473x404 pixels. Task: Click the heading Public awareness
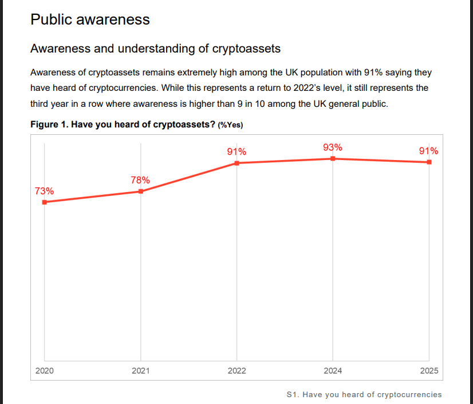(x=90, y=19)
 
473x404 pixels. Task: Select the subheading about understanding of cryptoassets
(x=155, y=49)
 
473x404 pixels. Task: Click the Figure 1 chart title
(x=123, y=124)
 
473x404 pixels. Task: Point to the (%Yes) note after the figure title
(x=234, y=125)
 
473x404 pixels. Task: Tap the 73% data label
(x=45, y=191)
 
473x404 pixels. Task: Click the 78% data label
(x=140, y=180)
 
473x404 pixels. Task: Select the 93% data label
(x=333, y=147)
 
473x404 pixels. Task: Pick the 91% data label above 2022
(x=236, y=152)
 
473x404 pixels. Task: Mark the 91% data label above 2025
(x=429, y=151)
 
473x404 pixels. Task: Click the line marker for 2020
(x=45, y=202)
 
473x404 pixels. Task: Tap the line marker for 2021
(x=141, y=191)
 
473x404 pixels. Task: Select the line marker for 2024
(x=333, y=158)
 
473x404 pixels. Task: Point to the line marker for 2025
(x=429, y=162)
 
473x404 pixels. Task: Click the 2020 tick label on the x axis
(x=45, y=371)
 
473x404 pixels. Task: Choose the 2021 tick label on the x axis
(x=141, y=371)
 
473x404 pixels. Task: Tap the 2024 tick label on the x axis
(x=333, y=371)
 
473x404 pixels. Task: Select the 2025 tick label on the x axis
(x=429, y=371)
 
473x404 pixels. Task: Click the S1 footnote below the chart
(x=364, y=394)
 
